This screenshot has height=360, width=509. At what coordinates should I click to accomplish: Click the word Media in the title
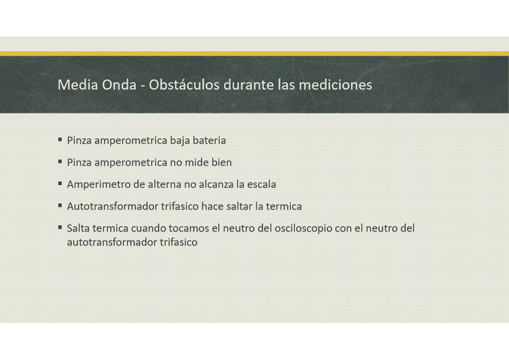[x=78, y=85]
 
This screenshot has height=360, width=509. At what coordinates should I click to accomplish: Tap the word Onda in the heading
[x=119, y=85]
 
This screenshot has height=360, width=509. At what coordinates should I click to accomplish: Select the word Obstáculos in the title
[x=184, y=85]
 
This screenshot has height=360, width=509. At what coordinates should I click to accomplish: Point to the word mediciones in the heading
[x=335, y=85]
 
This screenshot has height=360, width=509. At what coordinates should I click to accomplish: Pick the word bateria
[x=209, y=140]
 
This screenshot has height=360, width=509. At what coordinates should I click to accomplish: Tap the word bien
[x=221, y=163]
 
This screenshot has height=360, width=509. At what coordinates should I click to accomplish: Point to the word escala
[x=261, y=185]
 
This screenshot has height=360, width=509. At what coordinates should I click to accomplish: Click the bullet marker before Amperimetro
[x=60, y=183]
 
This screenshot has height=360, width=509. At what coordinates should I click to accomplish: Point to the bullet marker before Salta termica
[x=60, y=227]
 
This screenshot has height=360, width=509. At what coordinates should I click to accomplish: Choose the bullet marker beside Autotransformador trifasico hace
[x=60, y=205]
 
